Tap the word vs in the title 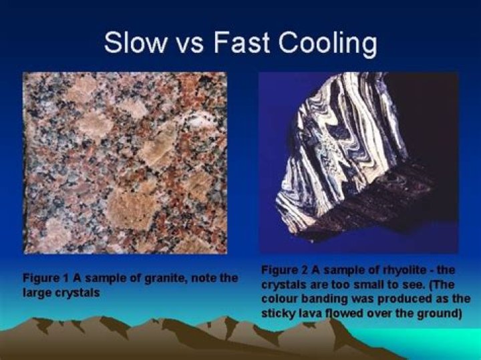tap(190, 44)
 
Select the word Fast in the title tap(237, 44)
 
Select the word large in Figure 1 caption tap(37, 291)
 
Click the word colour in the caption tap(277, 298)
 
